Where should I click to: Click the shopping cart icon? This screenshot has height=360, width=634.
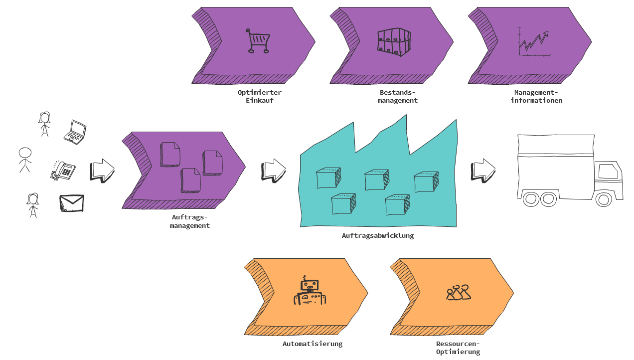coord(258,41)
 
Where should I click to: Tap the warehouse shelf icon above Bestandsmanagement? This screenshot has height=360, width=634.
coord(394,40)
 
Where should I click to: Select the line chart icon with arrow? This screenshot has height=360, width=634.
coord(533,42)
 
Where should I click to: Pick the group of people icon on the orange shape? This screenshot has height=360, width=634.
coord(458,293)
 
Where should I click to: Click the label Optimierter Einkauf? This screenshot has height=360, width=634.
coord(259,96)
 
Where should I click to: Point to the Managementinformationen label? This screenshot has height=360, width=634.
coord(536,96)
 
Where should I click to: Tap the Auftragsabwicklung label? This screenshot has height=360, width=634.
coord(378,235)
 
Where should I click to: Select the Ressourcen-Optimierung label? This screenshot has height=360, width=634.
coord(458,348)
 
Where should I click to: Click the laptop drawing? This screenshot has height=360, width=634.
coord(75,132)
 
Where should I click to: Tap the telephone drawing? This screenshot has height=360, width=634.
coord(63,171)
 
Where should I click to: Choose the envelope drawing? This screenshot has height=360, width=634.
coord(71,203)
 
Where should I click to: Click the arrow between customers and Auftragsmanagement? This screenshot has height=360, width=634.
coord(102,170)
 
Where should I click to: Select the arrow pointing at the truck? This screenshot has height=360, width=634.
coord(483,170)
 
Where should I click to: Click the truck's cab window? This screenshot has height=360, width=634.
coord(608,172)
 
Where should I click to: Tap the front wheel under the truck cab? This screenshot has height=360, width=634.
coord(604,199)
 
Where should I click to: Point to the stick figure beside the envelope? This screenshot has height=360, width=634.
coord(33,205)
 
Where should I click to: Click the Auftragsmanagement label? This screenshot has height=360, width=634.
coord(189,221)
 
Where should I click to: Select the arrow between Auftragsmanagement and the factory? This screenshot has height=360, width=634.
coord(273,170)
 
